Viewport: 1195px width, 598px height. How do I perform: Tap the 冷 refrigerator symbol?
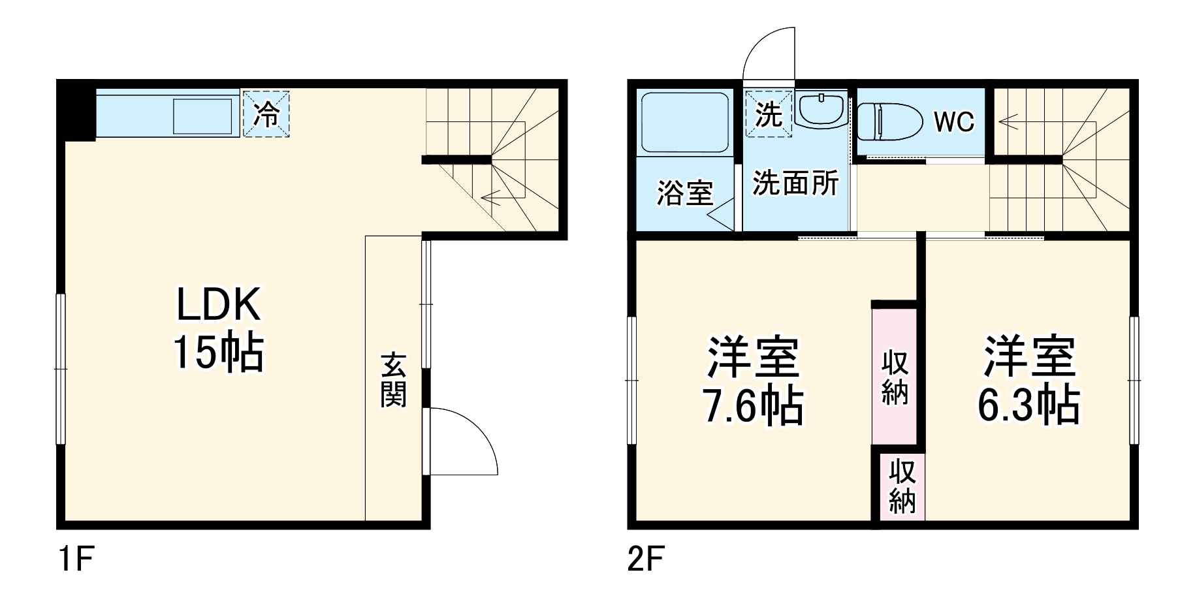click(x=266, y=114)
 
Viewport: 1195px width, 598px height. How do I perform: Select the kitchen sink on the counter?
click(x=202, y=116)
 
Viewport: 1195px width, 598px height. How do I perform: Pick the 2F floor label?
click(x=646, y=560)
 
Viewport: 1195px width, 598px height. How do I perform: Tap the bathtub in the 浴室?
click(x=684, y=123)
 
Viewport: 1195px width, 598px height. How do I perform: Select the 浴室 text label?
click(x=684, y=193)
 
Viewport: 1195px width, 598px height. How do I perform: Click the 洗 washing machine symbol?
click(x=769, y=114)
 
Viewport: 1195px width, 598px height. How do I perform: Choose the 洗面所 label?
click(x=795, y=183)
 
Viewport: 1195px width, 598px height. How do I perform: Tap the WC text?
click(x=953, y=121)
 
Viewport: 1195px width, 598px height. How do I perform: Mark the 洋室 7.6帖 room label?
click(x=753, y=381)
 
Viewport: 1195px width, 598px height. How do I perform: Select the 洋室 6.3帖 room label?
click(x=1028, y=381)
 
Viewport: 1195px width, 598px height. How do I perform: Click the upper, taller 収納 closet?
click(x=895, y=377)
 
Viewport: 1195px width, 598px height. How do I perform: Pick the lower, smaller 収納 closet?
click(x=902, y=486)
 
